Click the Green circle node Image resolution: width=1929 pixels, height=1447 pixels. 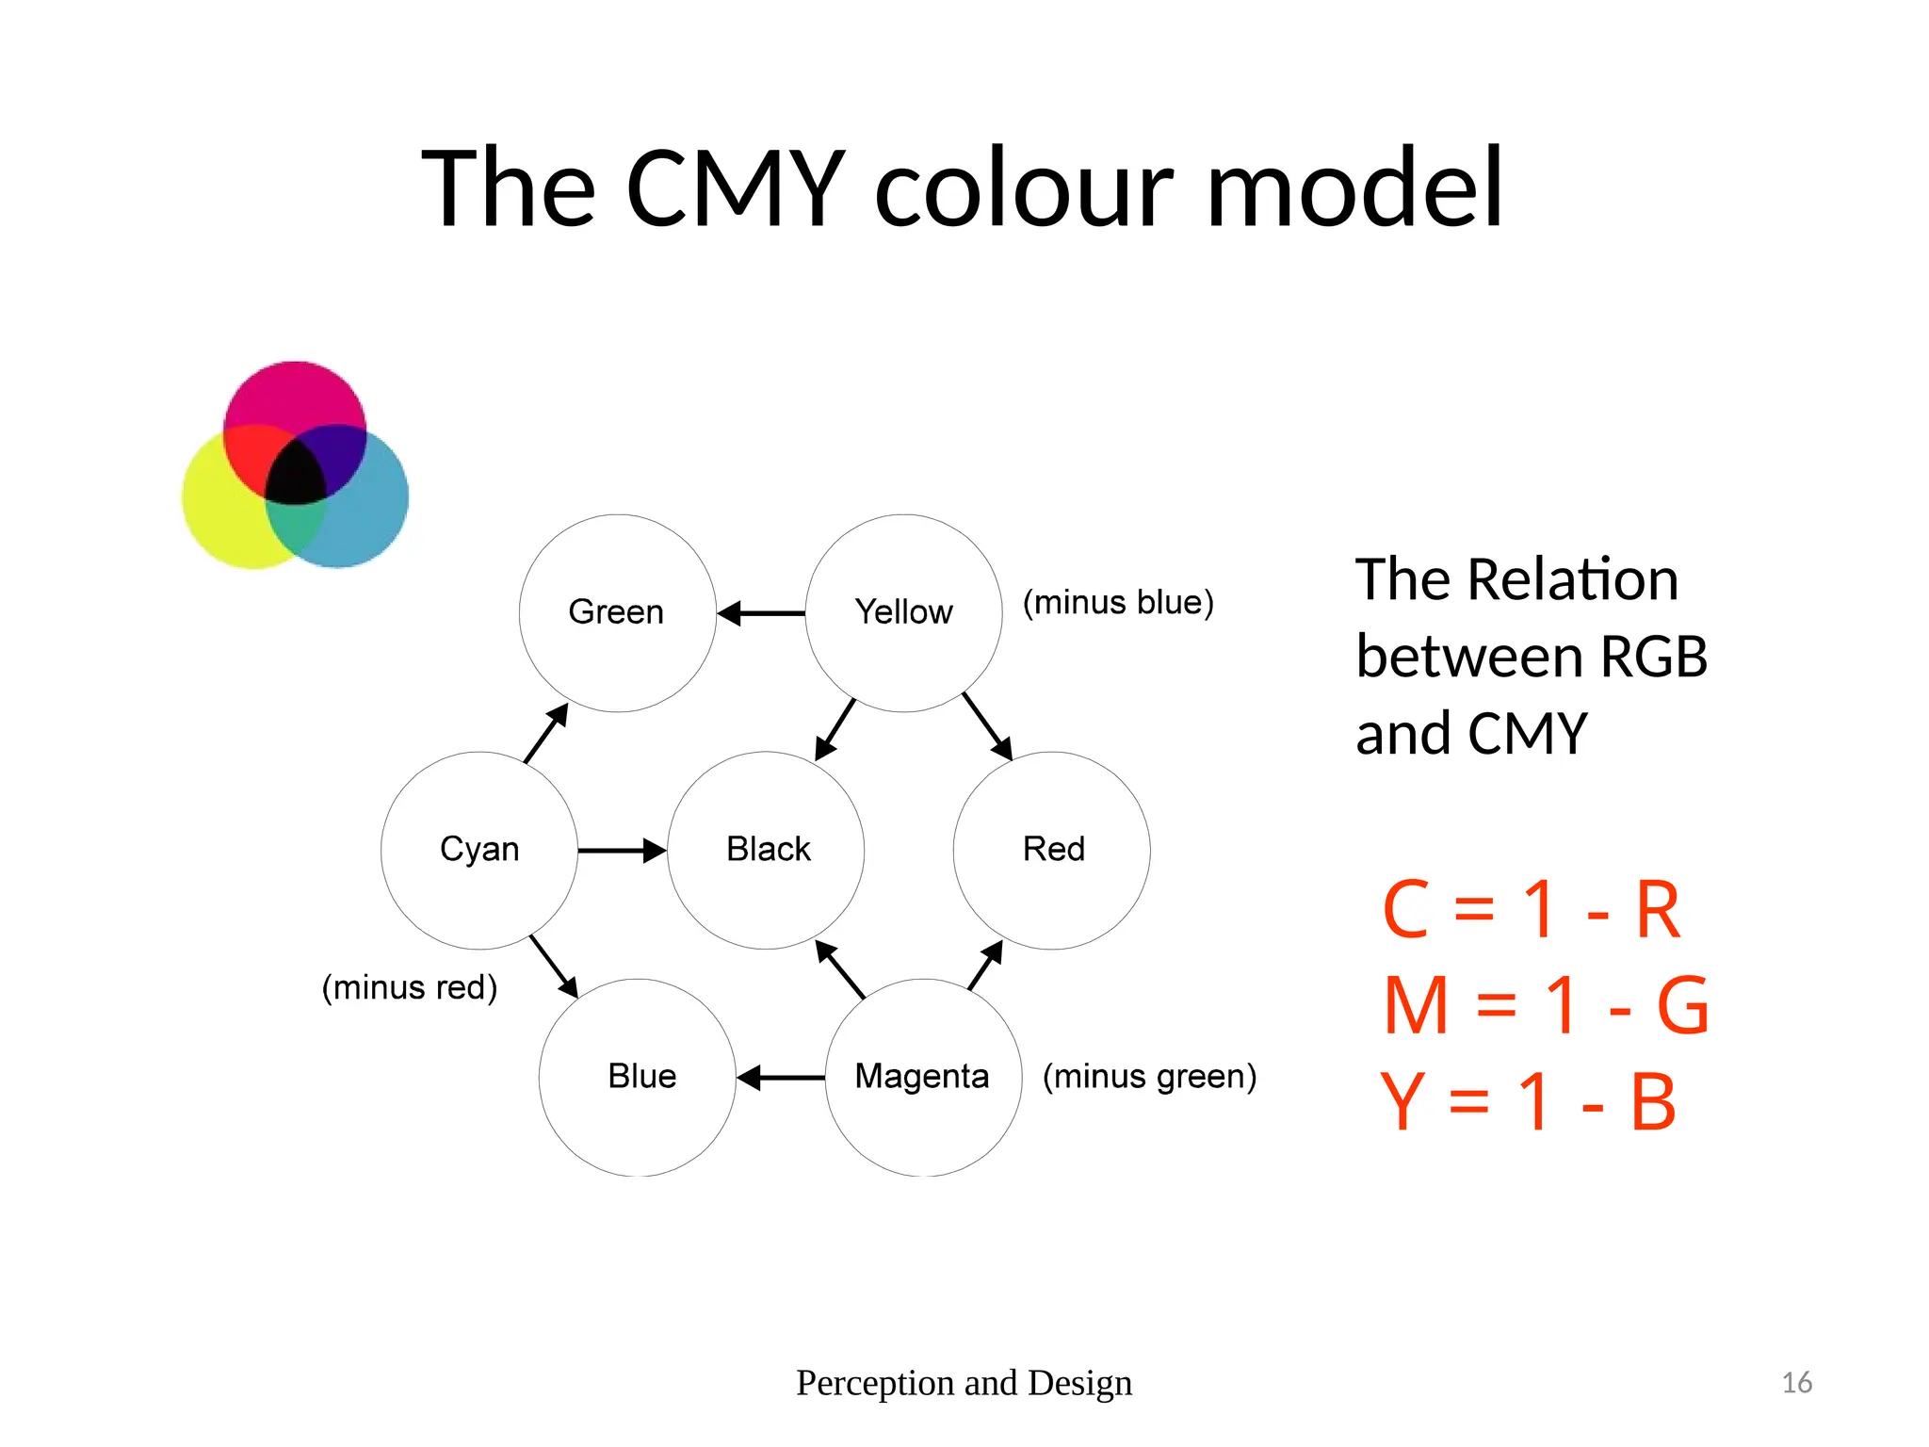617,613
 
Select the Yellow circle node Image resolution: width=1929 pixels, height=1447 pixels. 903,613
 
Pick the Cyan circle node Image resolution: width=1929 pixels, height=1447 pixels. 479,850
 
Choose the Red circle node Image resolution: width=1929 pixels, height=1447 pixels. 1052,850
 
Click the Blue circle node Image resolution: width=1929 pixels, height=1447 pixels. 638,1077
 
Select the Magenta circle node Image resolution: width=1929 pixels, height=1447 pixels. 923,1077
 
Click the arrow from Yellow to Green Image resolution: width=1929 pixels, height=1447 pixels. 761,613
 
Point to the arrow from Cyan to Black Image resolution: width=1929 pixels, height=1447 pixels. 623,851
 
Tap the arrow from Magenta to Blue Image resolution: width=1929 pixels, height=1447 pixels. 781,1077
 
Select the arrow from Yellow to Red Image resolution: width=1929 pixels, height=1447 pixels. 987,726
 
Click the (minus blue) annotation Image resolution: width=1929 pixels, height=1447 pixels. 1118,603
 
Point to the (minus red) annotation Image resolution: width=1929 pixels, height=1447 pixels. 410,987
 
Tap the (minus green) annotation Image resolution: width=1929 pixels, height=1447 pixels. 1149,1076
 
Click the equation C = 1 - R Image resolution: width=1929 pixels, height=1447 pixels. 1531,910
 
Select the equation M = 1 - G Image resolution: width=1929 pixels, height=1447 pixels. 1546,1006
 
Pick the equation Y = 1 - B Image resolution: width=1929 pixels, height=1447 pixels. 1528,1102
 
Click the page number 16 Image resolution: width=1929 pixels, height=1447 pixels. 1796,1382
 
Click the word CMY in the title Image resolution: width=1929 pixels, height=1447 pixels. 735,188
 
